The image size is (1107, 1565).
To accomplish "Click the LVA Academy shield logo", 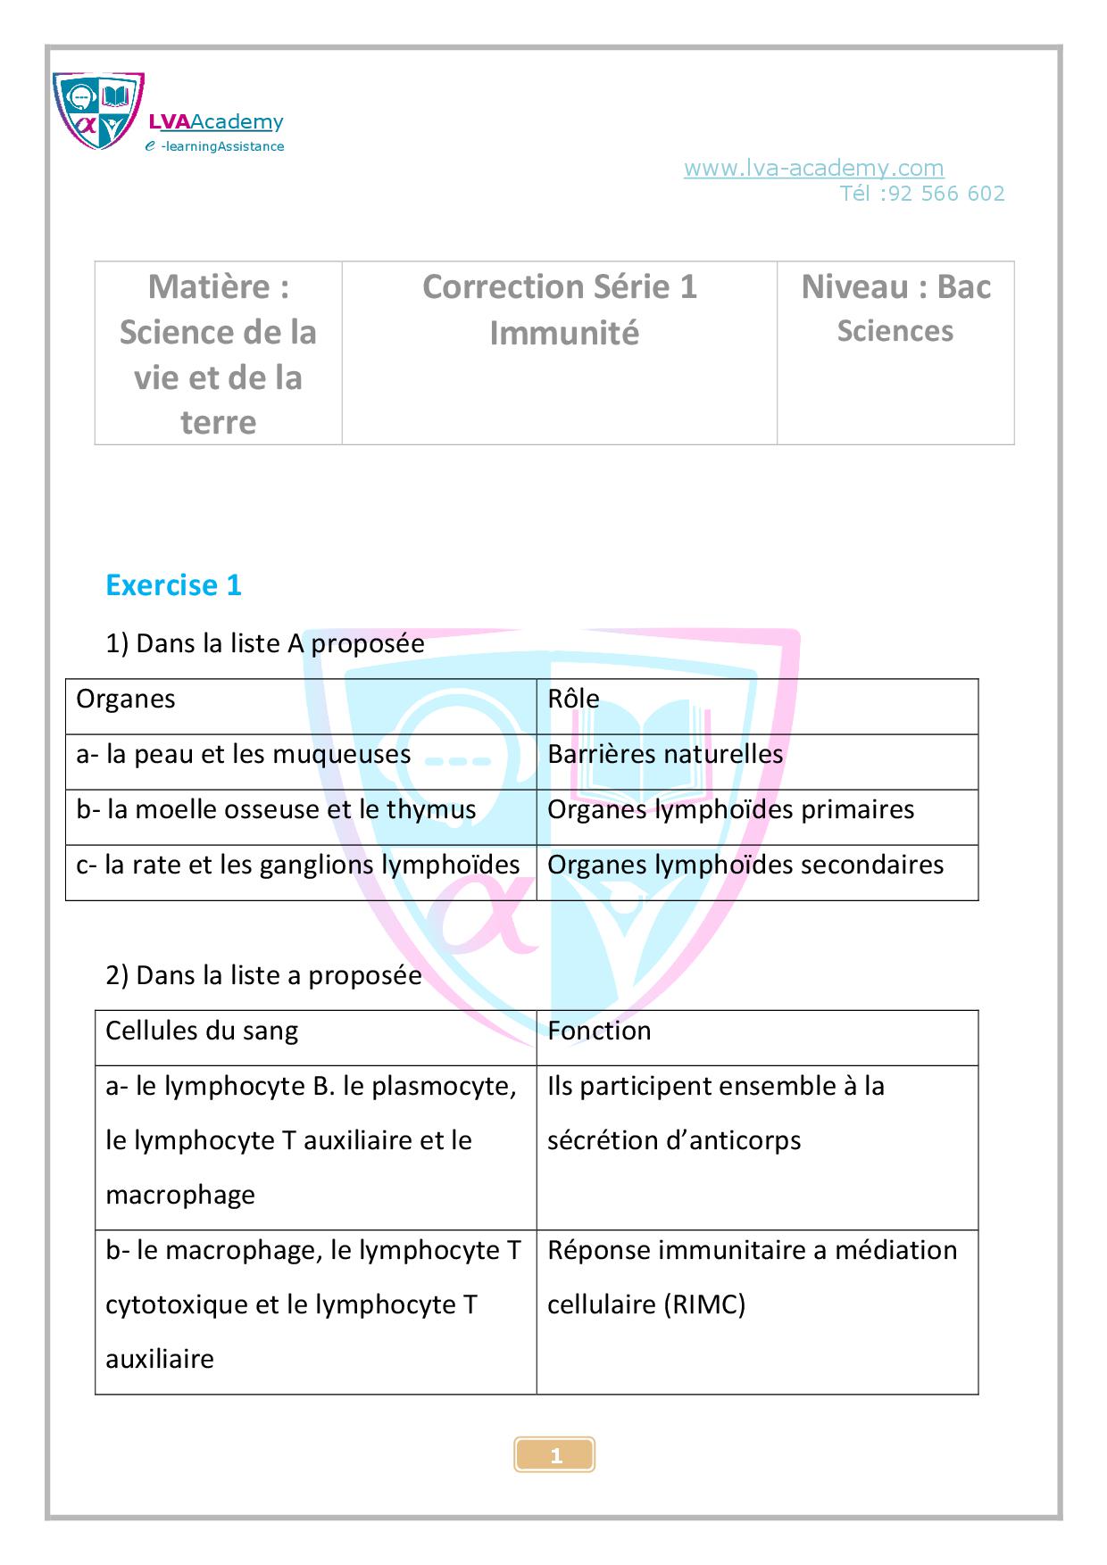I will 98,111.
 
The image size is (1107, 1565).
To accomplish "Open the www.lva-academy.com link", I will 813,168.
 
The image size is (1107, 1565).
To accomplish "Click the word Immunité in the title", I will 564,333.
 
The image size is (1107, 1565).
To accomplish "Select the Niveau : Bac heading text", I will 895,286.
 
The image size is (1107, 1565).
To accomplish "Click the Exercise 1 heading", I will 173,585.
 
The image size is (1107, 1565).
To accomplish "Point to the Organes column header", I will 126,699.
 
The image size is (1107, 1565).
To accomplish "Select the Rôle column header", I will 573,699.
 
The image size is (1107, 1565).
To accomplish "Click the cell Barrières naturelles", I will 665,754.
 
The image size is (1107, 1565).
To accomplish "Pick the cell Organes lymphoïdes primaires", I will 730,809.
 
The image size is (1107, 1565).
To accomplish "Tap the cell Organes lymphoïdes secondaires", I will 745,865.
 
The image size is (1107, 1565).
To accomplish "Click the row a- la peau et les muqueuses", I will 244,754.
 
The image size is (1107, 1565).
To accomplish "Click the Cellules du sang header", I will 202,1031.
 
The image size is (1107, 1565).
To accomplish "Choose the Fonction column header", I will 599,1031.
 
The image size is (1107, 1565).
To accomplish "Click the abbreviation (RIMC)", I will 704,1304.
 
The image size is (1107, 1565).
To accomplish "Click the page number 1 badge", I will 555,1456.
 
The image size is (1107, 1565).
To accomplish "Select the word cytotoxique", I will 177,1304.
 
